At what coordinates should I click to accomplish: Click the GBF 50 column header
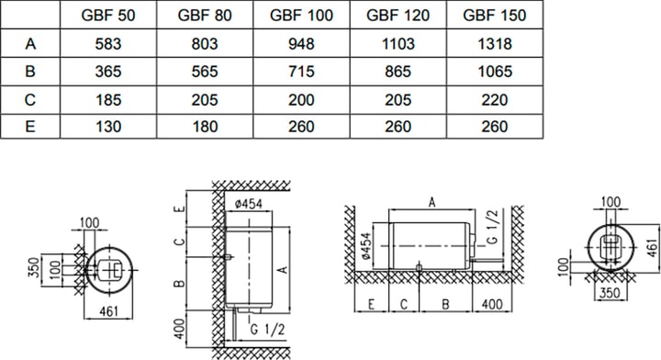pos(108,16)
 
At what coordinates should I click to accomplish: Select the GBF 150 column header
pos(495,16)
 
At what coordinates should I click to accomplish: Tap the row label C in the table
pos(30,100)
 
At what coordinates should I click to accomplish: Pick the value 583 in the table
pos(108,43)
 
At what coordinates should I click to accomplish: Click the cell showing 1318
pos(495,43)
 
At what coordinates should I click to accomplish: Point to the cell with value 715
pos(301,72)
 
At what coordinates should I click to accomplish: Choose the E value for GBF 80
pos(205,127)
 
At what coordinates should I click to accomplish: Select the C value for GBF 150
pos(495,100)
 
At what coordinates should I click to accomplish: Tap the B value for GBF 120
pos(398,72)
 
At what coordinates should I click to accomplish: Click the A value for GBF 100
pos(301,43)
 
